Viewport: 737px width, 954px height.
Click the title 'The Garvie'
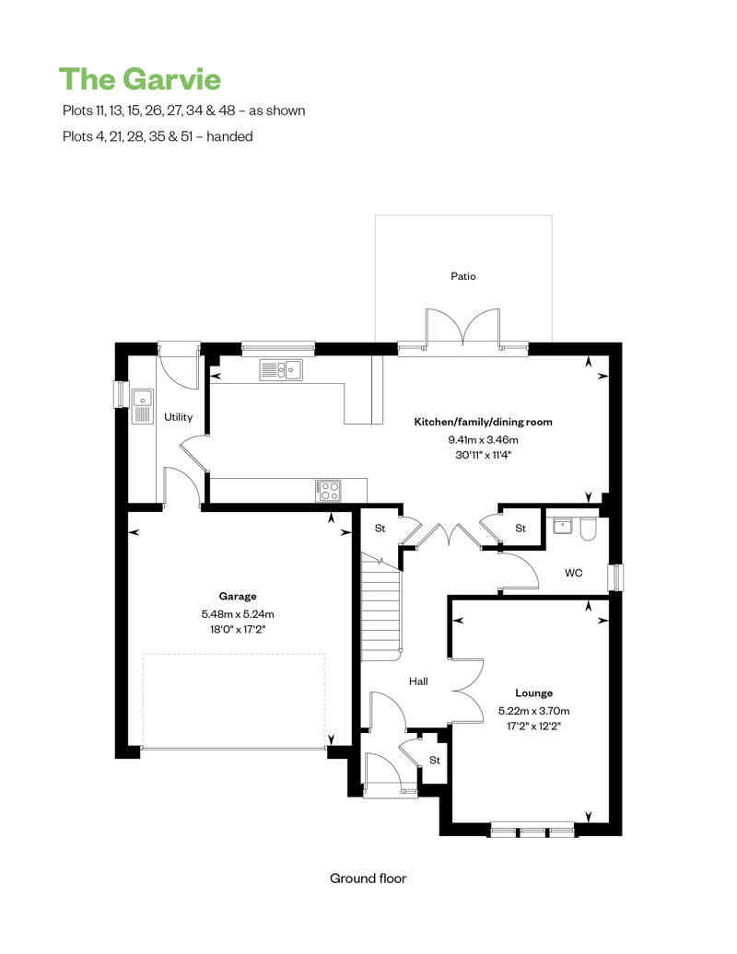[140, 79]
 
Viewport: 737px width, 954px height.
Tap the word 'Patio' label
[463, 276]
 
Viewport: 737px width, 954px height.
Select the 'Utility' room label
[178, 417]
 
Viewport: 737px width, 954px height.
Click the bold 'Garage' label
[238, 596]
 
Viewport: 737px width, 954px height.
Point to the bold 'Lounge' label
[533, 692]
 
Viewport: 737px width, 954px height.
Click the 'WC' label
[573, 573]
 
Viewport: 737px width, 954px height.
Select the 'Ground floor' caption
[368, 878]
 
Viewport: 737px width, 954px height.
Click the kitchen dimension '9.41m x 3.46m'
[483, 440]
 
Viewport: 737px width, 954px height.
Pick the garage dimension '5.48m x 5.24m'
[238, 613]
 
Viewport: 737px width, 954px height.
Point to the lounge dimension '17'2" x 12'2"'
[533, 727]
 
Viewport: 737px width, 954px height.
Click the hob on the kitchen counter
[328, 490]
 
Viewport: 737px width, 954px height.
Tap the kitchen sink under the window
[282, 370]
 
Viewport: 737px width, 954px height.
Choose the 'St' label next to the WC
[521, 529]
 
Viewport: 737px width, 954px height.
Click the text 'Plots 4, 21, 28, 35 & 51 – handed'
[157, 136]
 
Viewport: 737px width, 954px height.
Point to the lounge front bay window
[533, 832]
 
